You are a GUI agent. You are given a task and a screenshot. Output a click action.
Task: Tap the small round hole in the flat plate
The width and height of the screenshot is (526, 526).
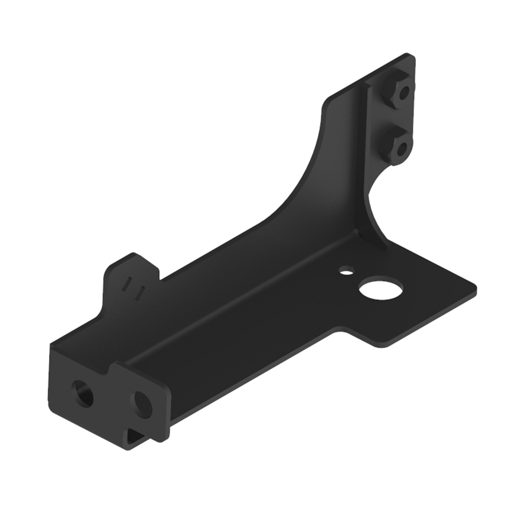[x=346, y=271]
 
